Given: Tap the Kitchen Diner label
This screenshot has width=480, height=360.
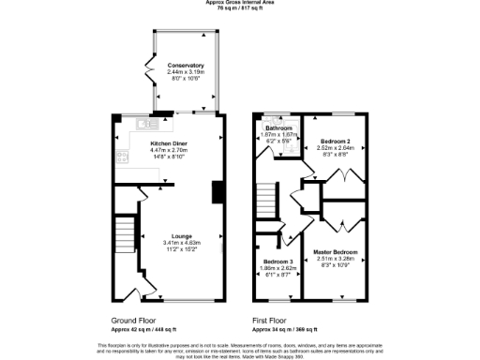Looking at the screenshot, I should point(170,142).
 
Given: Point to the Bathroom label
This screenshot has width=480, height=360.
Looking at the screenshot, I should point(277,127).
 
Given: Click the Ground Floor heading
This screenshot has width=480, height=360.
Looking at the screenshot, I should point(127,320).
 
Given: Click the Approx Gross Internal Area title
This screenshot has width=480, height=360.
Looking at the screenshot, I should point(239,3).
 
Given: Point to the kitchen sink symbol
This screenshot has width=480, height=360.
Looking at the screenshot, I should point(146,123).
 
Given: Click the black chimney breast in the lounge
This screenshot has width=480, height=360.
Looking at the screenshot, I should point(217,190).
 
